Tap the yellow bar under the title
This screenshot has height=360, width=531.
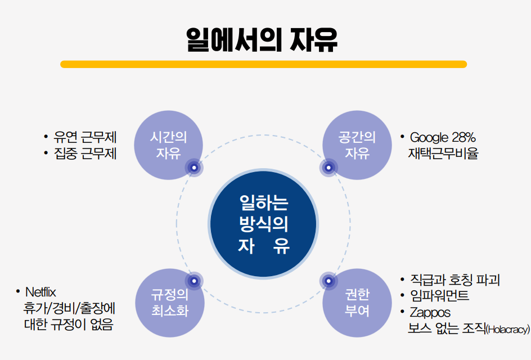[x=263, y=64]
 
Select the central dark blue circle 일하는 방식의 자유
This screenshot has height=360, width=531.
[x=263, y=224]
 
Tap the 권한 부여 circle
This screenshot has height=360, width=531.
[x=357, y=303]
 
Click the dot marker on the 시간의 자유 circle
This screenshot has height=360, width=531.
[x=194, y=166]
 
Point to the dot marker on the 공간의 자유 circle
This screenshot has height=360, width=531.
[x=328, y=166]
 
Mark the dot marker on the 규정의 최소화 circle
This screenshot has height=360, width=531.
[x=194, y=280]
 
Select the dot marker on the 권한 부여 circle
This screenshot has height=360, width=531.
[x=328, y=280]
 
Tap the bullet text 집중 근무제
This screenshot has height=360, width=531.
[x=85, y=153]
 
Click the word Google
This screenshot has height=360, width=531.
[x=429, y=137]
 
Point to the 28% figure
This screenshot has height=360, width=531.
[x=464, y=137]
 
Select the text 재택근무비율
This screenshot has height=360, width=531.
[x=443, y=153]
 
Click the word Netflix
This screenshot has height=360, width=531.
[x=41, y=292]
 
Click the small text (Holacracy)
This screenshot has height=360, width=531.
[x=507, y=330]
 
